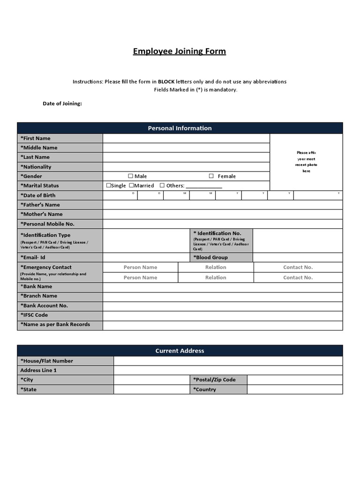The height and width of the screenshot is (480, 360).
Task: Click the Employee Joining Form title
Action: [180, 51]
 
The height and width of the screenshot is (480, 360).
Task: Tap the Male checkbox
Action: [130, 176]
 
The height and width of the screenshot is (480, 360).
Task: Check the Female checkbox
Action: [211, 176]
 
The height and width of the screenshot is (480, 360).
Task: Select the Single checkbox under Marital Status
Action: [109, 186]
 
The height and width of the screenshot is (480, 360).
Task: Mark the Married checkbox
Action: [132, 186]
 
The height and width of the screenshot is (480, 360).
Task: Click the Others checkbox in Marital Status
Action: [162, 186]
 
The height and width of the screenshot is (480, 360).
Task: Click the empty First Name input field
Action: [186, 138]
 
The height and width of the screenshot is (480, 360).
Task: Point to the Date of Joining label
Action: [62, 104]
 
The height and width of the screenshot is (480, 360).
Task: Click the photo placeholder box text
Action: [306, 162]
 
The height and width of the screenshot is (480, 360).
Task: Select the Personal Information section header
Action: [180, 128]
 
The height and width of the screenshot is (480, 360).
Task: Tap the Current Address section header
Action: [180, 351]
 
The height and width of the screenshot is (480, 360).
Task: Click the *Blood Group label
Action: [210, 257]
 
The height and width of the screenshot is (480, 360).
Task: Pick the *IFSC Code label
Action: [34, 315]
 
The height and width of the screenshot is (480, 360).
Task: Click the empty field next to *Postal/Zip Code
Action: [294, 380]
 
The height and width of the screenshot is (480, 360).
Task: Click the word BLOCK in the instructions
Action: [166, 82]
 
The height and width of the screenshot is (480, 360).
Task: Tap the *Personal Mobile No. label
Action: [47, 224]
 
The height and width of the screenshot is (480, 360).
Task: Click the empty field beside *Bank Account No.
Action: [222, 306]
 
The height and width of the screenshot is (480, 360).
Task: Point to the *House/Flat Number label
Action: [47, 361]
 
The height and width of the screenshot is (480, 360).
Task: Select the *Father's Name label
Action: [40, 205]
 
